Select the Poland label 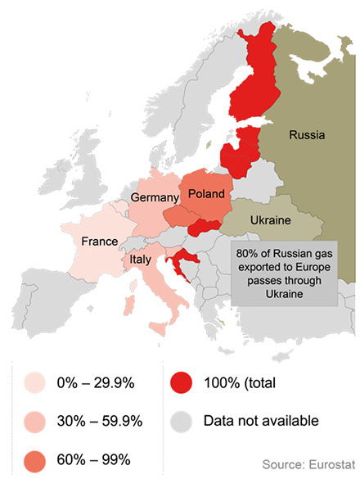(x=206, y=193)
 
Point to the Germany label (x=155, y=198)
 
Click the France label (x=101, y=242)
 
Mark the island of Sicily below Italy (x=157, y=329)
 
